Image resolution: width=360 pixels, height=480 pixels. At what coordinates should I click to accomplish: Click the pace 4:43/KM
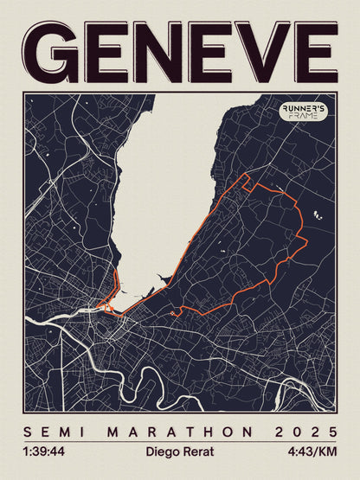point(314,451)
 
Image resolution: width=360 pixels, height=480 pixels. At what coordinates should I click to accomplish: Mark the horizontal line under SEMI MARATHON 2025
point(180,441)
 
